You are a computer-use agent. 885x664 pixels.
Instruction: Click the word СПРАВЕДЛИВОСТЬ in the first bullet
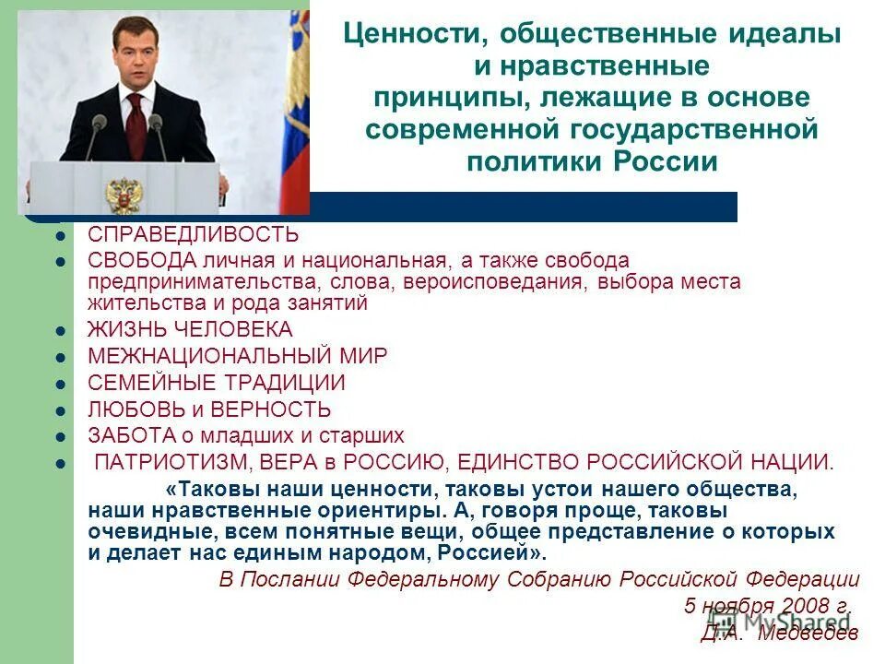tap(193, 234)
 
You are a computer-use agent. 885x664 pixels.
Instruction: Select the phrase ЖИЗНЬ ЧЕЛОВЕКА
tap(190, 329)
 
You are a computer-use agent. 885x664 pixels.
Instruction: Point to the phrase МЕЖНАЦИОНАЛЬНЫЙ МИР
tap(238, 356)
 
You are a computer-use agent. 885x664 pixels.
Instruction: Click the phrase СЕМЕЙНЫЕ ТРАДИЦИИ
tap(217, 383)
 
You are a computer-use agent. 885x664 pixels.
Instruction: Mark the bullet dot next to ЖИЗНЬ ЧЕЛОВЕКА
tap(60, 330)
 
